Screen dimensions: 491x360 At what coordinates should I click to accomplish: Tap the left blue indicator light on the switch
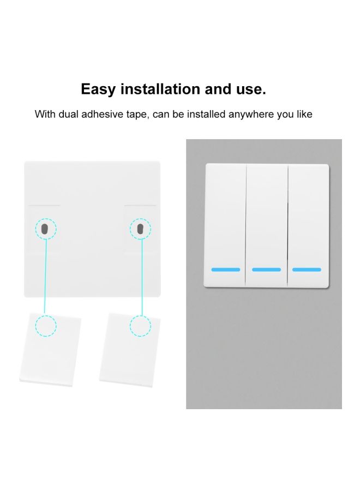pyautogui.click(x=225, y=270)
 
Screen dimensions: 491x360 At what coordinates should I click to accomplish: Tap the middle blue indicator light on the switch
pyautogui.click(x=266, y=270)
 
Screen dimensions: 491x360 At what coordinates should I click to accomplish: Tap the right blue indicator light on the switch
pyautogui.click(x=307, y=270)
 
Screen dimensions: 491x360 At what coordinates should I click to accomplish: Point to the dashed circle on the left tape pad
pyautogui.click(x=46, y=326)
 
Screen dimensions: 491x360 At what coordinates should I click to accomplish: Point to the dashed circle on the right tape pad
pyautogui.click(x=141, y=326)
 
